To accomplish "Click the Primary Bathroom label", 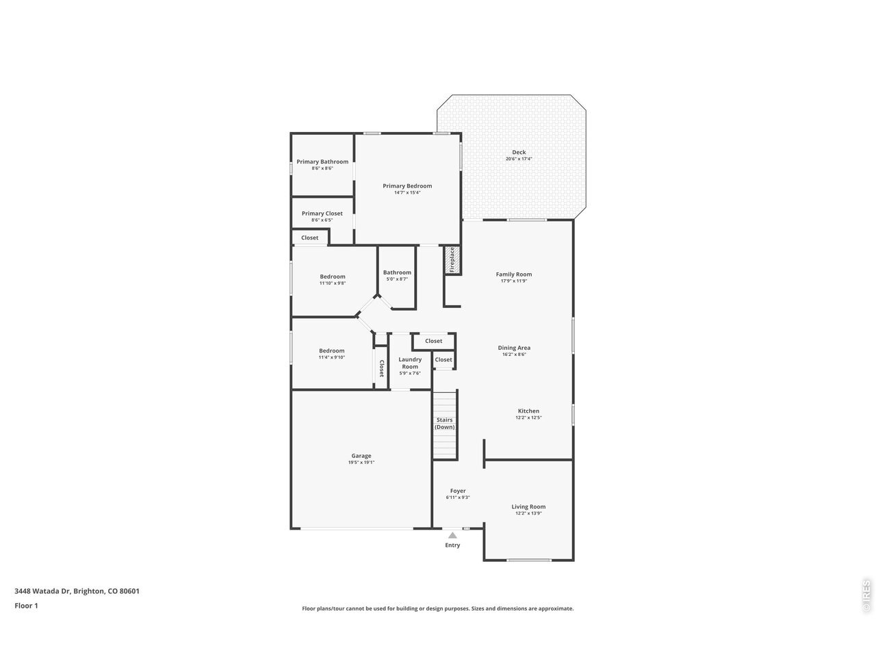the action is (322, 162).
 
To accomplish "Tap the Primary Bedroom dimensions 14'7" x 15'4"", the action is (407, 193).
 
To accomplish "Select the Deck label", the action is (519, 152).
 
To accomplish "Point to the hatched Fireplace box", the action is (452, 259).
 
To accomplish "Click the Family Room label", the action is (514, 274).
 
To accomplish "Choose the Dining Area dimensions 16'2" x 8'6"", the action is (514, 355).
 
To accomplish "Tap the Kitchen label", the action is (528, 411).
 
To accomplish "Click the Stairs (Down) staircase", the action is (445, 425).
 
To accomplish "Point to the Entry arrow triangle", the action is (452, 535).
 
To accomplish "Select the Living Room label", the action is (528, 506).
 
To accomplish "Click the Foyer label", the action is (458, 491).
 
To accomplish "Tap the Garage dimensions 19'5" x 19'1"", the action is (361, 463).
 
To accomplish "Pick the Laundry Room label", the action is (410, 363).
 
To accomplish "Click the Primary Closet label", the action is (322, 214).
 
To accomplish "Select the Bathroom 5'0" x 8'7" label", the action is (397, 272).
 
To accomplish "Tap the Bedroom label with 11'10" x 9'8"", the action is (333, 276).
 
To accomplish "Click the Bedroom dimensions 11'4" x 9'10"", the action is (332, 357).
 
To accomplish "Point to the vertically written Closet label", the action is (381, 368).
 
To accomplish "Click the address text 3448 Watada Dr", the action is (42, 591).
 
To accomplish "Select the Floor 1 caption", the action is (26, 606).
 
